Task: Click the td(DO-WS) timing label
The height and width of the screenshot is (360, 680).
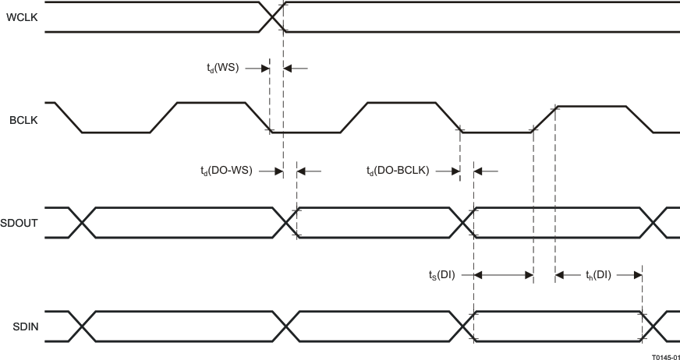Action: coord(226,170)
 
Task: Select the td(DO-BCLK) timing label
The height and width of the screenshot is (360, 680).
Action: coord(398,170)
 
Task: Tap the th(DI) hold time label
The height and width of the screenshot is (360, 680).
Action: coord(598,274)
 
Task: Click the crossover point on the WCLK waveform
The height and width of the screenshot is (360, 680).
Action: coord(271,17)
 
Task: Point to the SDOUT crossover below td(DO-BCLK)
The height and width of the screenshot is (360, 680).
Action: coord(463,223)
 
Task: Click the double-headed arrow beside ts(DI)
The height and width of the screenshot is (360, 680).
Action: coord(503,274)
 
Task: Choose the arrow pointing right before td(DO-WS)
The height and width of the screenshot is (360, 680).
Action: coord(270,170)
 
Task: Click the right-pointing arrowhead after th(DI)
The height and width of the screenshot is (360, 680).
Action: coord(636,274)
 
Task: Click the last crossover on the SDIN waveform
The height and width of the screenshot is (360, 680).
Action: coord(653,326)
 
